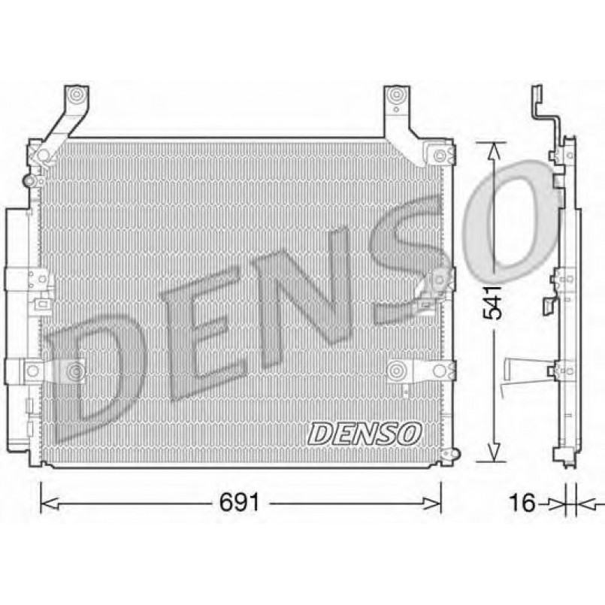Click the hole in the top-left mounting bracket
click(x=76, y=96)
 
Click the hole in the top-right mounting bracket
click(x=398, y=96)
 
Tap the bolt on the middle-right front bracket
click(x=436, y=280)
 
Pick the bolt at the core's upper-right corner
click(x=440, y=156)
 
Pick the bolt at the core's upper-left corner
click(x=42, y=156)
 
